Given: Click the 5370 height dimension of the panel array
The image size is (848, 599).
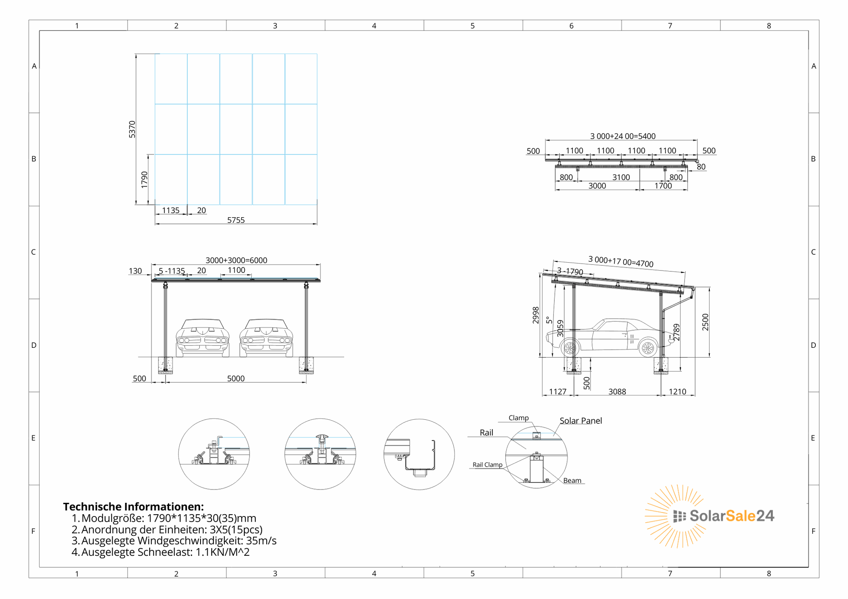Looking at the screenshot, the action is coord(132,129).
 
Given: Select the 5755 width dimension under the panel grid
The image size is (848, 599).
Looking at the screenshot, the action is coord(236,220).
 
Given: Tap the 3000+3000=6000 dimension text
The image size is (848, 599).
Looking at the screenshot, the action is coord(236,260).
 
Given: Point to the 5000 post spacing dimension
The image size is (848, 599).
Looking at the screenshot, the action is coord(236,378).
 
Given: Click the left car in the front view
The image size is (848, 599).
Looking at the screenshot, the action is coord(203,338).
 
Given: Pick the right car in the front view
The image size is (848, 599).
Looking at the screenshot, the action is coord(266,338).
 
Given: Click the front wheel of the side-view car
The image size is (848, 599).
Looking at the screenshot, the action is coord(570,348).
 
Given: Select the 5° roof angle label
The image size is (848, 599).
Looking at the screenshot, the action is coord(549,320).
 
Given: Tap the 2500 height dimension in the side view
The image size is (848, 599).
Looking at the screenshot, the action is coord(705,322).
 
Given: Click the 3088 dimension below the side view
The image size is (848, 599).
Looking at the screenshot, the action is coord(617,392).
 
